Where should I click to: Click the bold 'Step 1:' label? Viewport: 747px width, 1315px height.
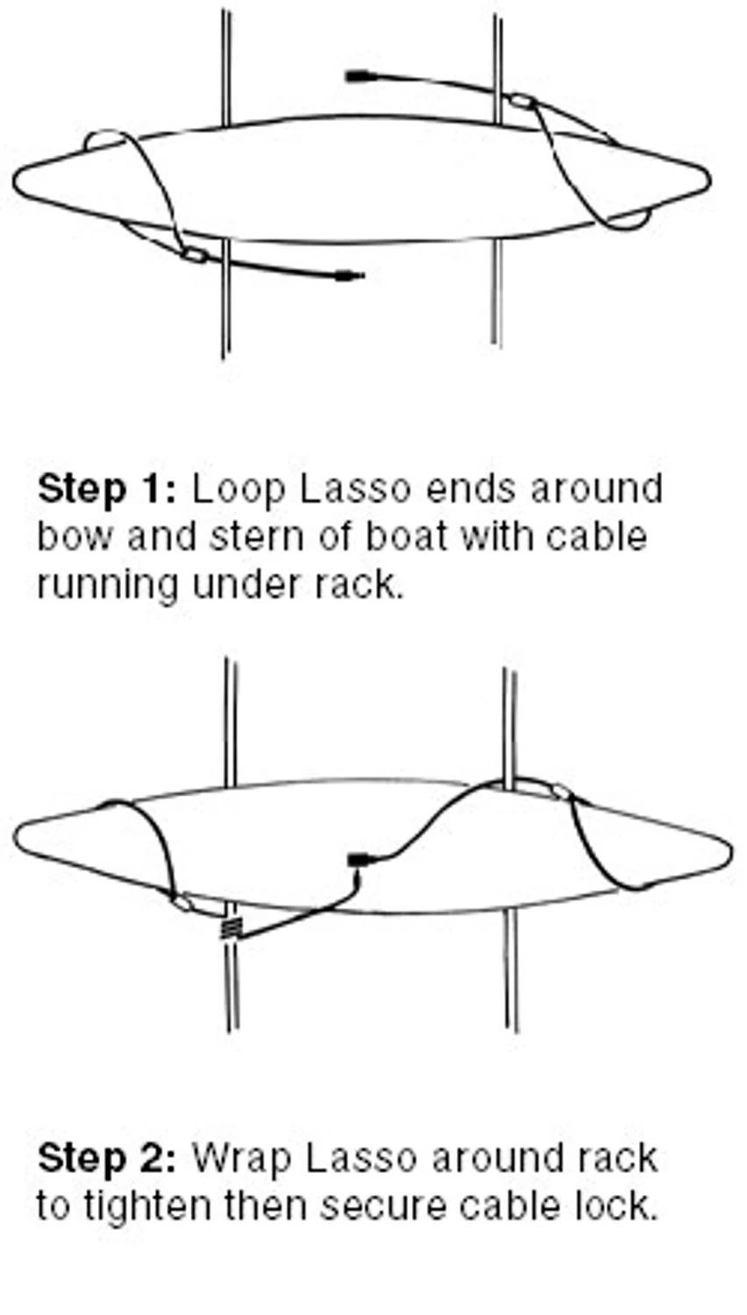(106, 488)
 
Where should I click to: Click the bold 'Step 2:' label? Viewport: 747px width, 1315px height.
(106, 1158)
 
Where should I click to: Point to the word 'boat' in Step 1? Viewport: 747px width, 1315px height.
(406, 536)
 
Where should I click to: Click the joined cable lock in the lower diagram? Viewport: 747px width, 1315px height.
(357, 860)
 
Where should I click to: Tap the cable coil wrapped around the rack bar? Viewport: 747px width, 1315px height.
(230, 927)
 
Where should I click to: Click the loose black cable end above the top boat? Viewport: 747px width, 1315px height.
(356, 76)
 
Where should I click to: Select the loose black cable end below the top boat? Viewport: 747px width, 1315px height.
(351, 276)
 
